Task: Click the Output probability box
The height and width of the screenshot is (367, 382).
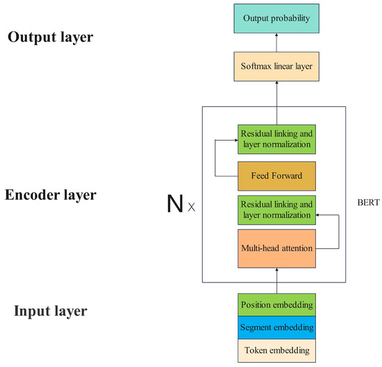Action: (276, 17)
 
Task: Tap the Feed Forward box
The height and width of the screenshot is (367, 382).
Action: (276, 176)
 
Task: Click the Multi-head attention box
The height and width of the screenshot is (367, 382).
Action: (276, 248)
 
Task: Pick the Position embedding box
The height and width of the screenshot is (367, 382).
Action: (276, 304)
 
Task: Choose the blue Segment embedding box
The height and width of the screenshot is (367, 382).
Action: (276, 327)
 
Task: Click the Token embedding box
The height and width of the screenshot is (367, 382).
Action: (276, 350)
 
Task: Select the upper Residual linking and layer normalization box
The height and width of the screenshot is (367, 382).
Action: (276, 138)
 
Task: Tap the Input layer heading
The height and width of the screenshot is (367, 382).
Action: (51, 310)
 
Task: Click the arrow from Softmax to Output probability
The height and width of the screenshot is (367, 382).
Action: (276, 44)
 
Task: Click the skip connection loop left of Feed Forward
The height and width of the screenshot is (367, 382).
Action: (216, 157)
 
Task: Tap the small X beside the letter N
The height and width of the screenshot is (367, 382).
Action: (191, 207)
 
